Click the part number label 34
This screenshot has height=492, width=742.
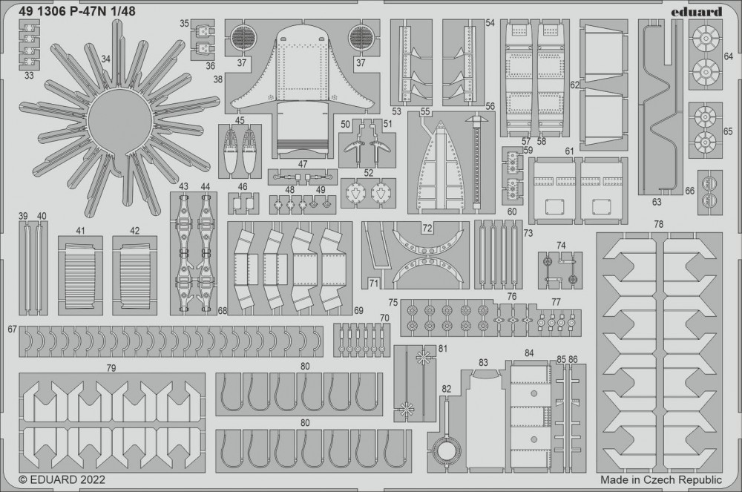click(105, 59)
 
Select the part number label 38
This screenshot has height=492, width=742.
click(217, 79)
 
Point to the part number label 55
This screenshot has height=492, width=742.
click(425, 111)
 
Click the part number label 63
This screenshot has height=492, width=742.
click(657, 202)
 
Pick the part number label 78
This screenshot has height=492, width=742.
click(659, 224)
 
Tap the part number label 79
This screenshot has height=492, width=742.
click(111, 367)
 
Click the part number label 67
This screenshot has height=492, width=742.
click(13, 329)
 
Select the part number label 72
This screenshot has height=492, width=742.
click(427, 229)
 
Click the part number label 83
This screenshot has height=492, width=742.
click(483, 362)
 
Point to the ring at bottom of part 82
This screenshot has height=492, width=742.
click(447, 452)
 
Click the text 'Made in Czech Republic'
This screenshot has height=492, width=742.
click(661, 479)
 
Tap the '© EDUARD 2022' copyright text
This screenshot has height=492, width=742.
click(62, 479)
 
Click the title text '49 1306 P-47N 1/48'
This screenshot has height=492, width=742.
click(78, 11)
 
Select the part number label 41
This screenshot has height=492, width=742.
click(80, 231)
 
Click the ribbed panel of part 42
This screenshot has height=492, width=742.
click(135, 275)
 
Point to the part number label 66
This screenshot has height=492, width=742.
click(690, 190)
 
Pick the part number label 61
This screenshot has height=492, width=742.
click(569, 151)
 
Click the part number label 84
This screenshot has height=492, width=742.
click(529, 353)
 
